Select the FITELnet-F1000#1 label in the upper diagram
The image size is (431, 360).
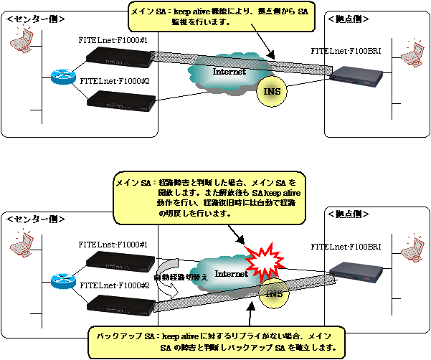(113, 42)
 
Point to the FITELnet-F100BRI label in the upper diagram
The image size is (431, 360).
(345, 52)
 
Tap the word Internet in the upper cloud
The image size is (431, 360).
(229, 72)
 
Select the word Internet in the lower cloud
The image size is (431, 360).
(232, 274)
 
